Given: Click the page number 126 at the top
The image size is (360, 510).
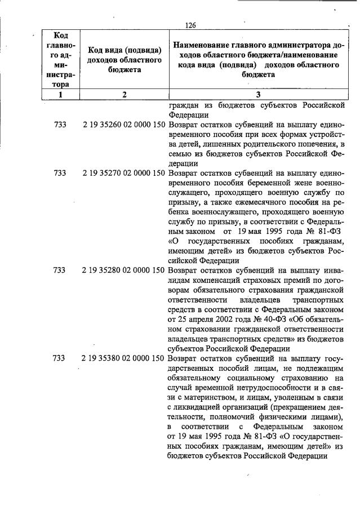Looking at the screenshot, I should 190,25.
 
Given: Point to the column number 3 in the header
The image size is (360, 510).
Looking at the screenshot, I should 257,95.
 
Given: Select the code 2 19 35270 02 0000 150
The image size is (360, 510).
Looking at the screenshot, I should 125,174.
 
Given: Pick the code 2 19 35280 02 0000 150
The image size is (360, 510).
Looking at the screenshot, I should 125,270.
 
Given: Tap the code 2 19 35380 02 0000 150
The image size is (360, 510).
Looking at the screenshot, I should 125,358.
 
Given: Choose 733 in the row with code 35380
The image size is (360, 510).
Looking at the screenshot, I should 60,358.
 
